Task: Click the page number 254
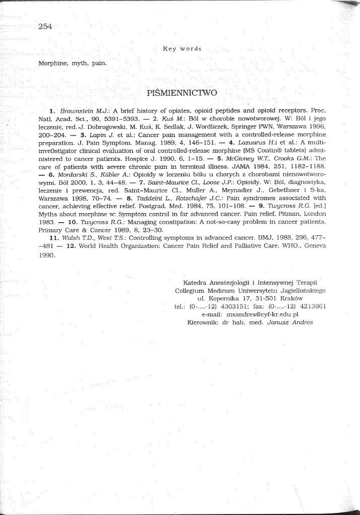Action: tap(45, 27)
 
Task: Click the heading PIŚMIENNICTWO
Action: tap(182, 93)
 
